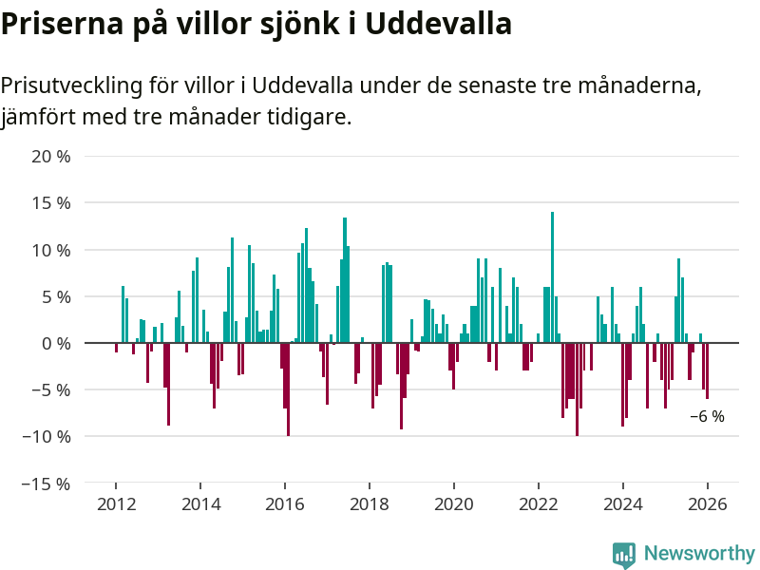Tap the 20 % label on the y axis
coord(51,157)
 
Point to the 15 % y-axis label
coord(51,203)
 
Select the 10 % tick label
coord(51,250)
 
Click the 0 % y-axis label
coord(56,343)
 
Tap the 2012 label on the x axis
coord(116,504)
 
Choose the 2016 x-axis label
coord(285,504)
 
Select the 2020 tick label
coord(454,504)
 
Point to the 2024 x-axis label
coord(623,504)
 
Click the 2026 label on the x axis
coord(708,504)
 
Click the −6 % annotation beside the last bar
coord(707,416)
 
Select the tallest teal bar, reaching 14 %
coord(552,275)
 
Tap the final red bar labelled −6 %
coord(707,370)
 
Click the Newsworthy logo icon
coord(624,555)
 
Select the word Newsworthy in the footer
coord(699,553)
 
